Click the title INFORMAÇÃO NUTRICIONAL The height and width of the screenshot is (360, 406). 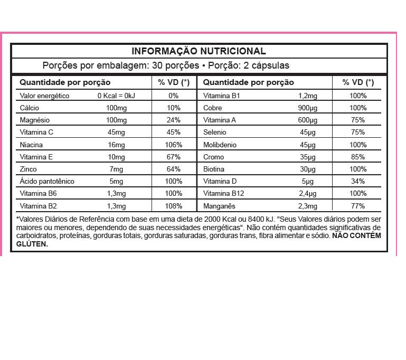[199, 51]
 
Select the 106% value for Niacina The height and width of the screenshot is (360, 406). [174, 145]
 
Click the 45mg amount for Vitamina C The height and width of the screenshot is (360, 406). [116, 132]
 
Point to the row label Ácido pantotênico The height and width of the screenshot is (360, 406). [47, 182]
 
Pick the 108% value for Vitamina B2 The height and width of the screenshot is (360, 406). [174, 206]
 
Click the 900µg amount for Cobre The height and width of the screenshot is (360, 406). [307, 108]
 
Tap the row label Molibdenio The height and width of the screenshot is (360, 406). [220, 145]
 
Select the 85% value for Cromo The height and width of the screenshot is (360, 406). [358, 157]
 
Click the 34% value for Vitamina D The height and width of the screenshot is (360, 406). [358, 182]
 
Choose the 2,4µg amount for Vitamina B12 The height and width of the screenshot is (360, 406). [307, 194]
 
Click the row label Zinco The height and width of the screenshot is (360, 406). [29, 169]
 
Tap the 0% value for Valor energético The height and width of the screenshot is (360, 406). [174, 96]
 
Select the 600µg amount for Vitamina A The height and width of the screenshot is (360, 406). [307, 120]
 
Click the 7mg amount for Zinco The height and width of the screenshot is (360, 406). [116, 169]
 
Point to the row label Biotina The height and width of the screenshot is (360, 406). [214, 169]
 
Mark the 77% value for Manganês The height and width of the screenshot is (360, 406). [358, 206]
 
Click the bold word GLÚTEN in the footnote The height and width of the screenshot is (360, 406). [32, 244]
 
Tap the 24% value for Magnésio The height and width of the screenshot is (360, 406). [174, 120]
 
